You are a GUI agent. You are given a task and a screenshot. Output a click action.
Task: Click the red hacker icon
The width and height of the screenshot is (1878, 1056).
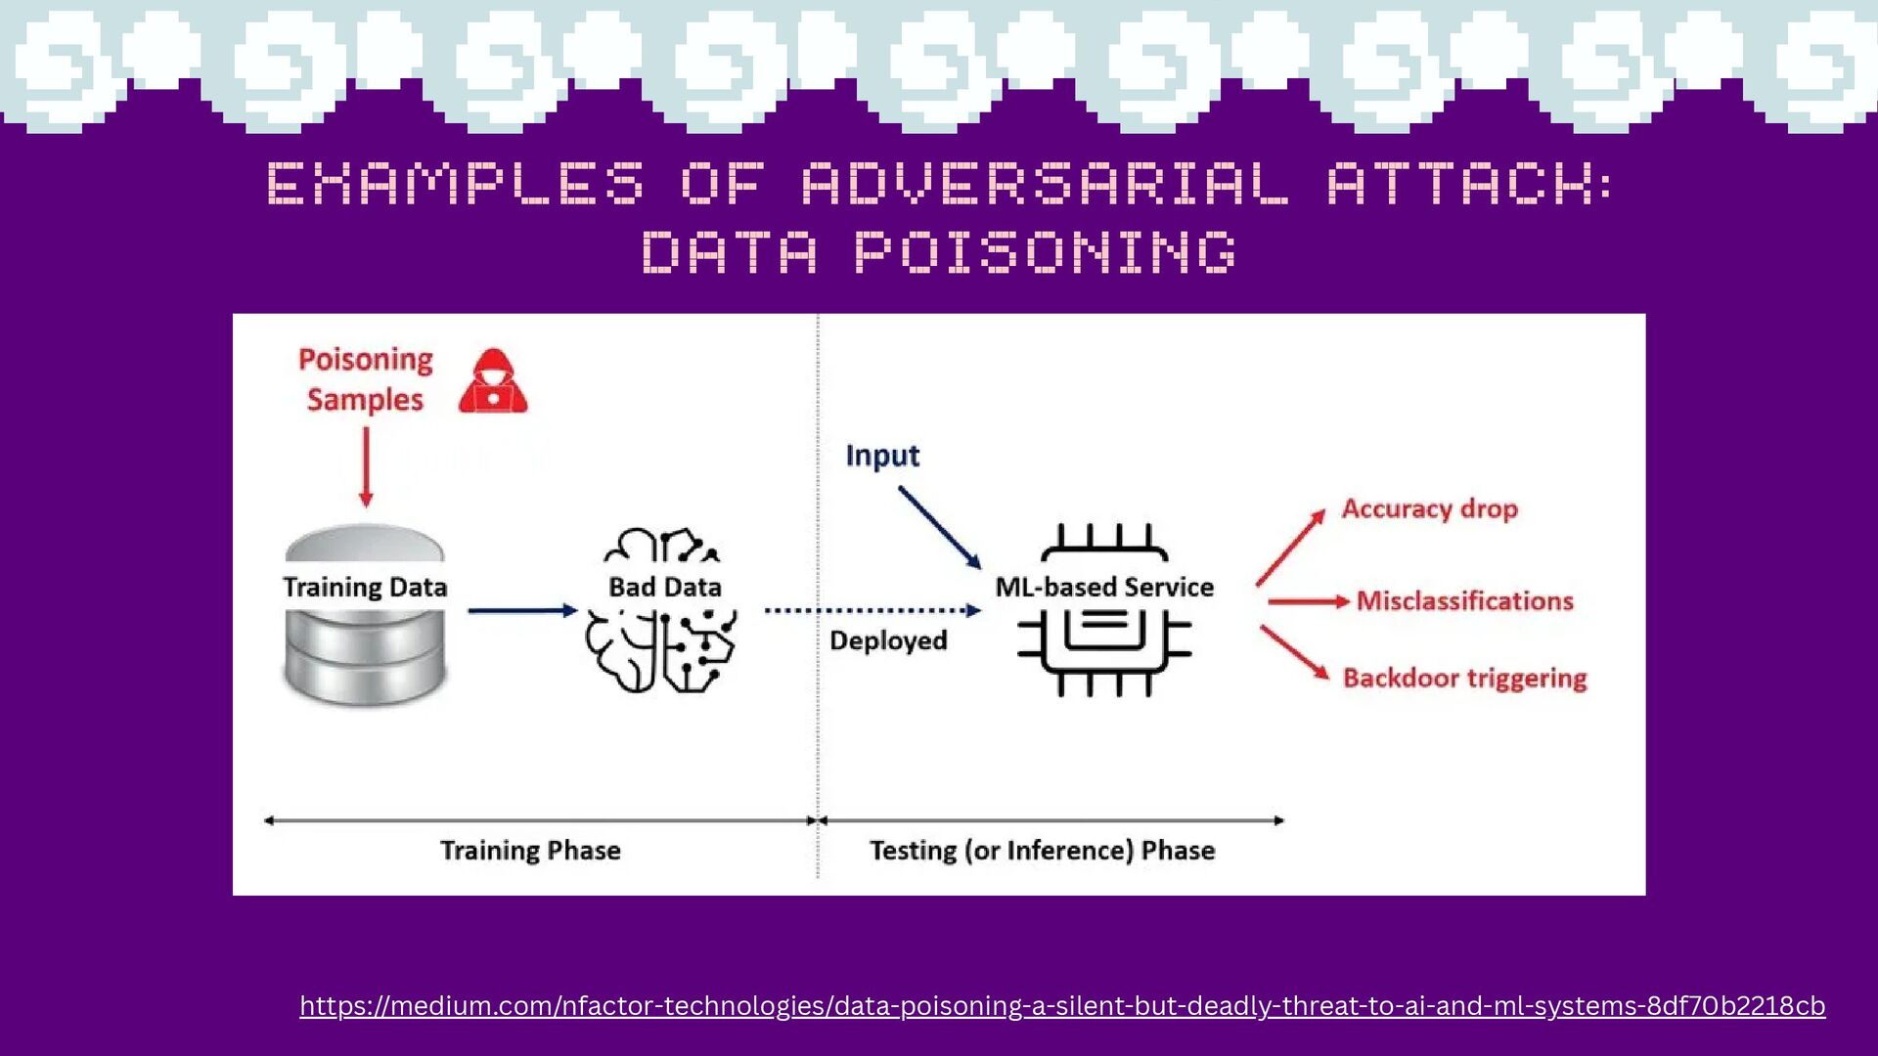pos(493,380)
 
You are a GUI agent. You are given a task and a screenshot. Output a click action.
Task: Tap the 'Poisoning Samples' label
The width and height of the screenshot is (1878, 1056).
pos(366,379)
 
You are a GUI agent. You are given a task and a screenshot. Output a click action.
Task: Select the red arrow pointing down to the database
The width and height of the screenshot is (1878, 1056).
pos(366,467)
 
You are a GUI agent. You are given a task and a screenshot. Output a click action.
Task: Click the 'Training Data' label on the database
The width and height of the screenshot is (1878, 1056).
pos(365,587)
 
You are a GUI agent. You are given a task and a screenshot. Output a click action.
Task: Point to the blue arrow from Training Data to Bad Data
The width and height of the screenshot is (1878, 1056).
pos(523,610)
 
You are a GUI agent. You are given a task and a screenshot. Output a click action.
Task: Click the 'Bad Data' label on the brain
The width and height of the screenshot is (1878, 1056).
pos(665,587)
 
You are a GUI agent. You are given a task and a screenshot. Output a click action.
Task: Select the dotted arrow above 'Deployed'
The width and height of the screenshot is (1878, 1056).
pos(872,610)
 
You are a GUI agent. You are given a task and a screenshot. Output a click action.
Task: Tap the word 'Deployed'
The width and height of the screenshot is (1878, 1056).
pos(888,640)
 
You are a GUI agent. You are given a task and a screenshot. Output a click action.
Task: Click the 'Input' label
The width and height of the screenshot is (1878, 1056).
pos(882,456)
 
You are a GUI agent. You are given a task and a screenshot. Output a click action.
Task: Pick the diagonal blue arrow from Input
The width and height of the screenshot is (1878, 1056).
pos(940,527)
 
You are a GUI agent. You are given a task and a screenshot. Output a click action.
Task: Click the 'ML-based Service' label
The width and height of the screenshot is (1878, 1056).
pos(1104,587)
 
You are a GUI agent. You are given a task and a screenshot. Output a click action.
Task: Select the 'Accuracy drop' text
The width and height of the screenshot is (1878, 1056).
pos(1429,508)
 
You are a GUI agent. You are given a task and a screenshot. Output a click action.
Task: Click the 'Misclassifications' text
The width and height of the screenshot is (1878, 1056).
pos(1464,600)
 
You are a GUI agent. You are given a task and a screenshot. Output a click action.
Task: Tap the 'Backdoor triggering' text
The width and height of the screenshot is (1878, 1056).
pos(1464,678)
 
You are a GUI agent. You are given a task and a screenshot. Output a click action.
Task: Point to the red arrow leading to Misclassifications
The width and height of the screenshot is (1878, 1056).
pos(1309,601)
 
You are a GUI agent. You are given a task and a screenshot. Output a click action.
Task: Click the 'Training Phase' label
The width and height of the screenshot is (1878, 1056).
pos(530,850)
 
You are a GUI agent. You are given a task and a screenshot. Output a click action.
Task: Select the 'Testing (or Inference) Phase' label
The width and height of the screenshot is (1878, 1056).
pos(1043,850)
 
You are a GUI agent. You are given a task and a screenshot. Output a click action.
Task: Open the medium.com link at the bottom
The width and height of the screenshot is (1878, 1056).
pos(1062,1006)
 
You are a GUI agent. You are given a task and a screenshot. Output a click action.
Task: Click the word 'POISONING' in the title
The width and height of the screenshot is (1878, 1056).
pos(1046,252)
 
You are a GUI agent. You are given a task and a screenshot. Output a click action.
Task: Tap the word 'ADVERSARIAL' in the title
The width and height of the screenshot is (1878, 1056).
pos(1045,184)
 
